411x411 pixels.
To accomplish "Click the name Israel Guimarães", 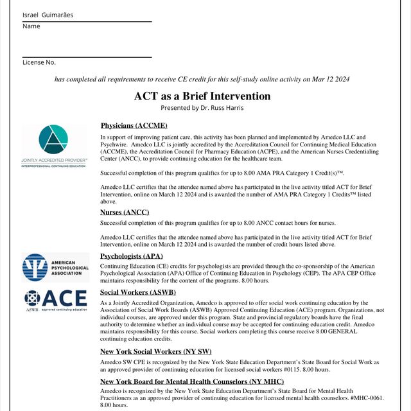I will tap(48, 15).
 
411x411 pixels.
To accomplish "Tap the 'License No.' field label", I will tap(39, 62).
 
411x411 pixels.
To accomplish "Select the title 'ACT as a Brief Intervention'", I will tap(202, 96).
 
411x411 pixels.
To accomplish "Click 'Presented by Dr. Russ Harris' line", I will tap(202, 108).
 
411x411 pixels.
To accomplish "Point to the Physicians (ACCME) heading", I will tap(134, 125).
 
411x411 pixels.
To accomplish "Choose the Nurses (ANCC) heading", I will tap(125, 212).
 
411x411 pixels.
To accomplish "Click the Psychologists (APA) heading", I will tap(132, 256).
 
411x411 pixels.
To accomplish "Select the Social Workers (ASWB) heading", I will tap(138, 292).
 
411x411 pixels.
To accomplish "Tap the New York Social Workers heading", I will tap(155, 351).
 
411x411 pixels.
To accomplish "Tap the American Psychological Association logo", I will tap(55, 267).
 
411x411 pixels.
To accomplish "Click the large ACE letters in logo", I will tap(66, 299).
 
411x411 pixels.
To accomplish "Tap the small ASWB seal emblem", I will tap(32, 298).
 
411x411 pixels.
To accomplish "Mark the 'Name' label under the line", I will tap(31, 26).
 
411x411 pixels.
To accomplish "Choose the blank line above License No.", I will tap(87, 57).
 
